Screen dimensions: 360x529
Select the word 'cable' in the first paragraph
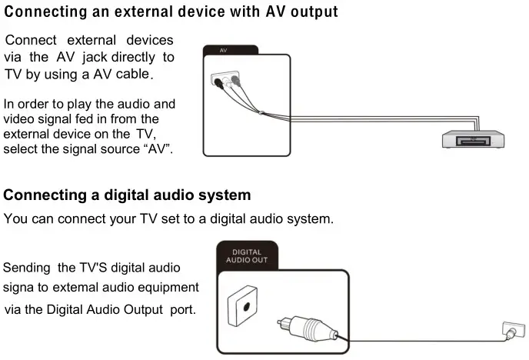click(x=133, y=75)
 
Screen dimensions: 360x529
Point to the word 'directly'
click(x=135, y=57)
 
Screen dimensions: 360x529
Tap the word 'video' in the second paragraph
click(x=19, y=118)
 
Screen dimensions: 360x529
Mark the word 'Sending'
click(x=27, y=268)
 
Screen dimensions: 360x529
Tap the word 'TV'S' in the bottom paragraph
click(x=96, y=268)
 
